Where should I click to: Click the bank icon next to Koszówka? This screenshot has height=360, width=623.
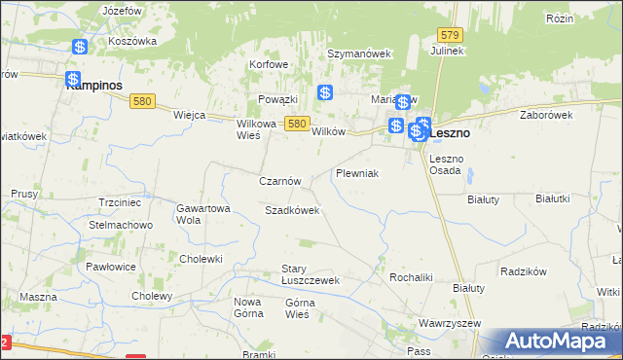pos(80,47)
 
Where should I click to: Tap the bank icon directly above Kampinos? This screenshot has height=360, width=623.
pos(73,80)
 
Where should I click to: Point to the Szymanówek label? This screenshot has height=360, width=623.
pos(358,54)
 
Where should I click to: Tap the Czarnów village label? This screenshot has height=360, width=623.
pos(285,181)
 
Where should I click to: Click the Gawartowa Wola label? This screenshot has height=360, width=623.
pos(202,214)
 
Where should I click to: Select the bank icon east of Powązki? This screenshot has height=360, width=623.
pos(325,93)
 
